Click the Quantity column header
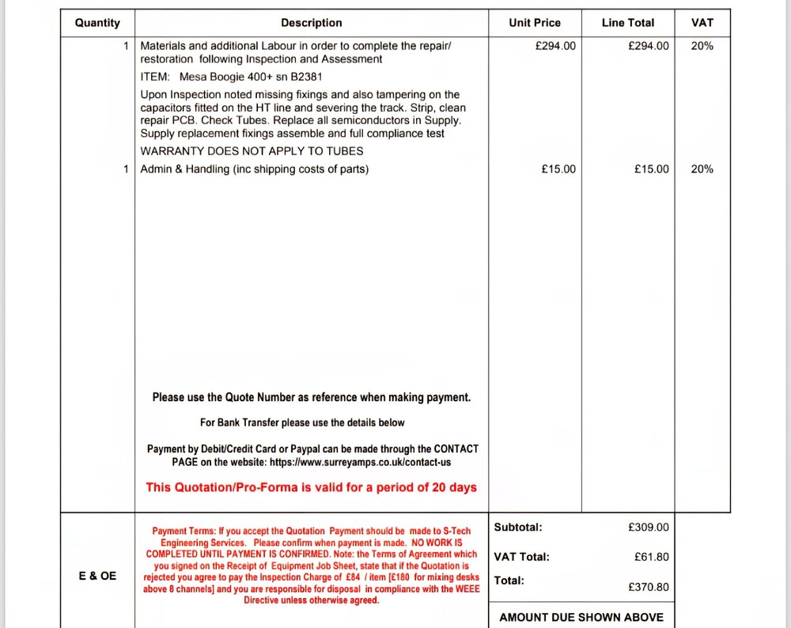[x=97, y=23]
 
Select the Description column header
[x=312, y=23]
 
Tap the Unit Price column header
[x=535, y=23]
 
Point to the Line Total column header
[x=628, y=23]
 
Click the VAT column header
[x=702, y=23]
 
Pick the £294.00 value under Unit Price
[x=555, y=46]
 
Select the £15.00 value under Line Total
[x=651, y=169]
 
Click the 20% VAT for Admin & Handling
[x=702, y=169]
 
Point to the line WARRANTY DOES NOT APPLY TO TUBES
[x=252, y=151]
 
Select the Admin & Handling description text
[x=254, y=169]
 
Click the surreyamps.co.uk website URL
[x=360, y=462]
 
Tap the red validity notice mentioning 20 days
[x=311, y=487]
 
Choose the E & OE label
[x=97, y=576]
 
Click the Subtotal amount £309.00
[x=649, y=528]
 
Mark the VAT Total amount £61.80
[x=651, y=558]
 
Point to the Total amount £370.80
[x=649, y=587]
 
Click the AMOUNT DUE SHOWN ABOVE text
[x=581, y=617]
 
